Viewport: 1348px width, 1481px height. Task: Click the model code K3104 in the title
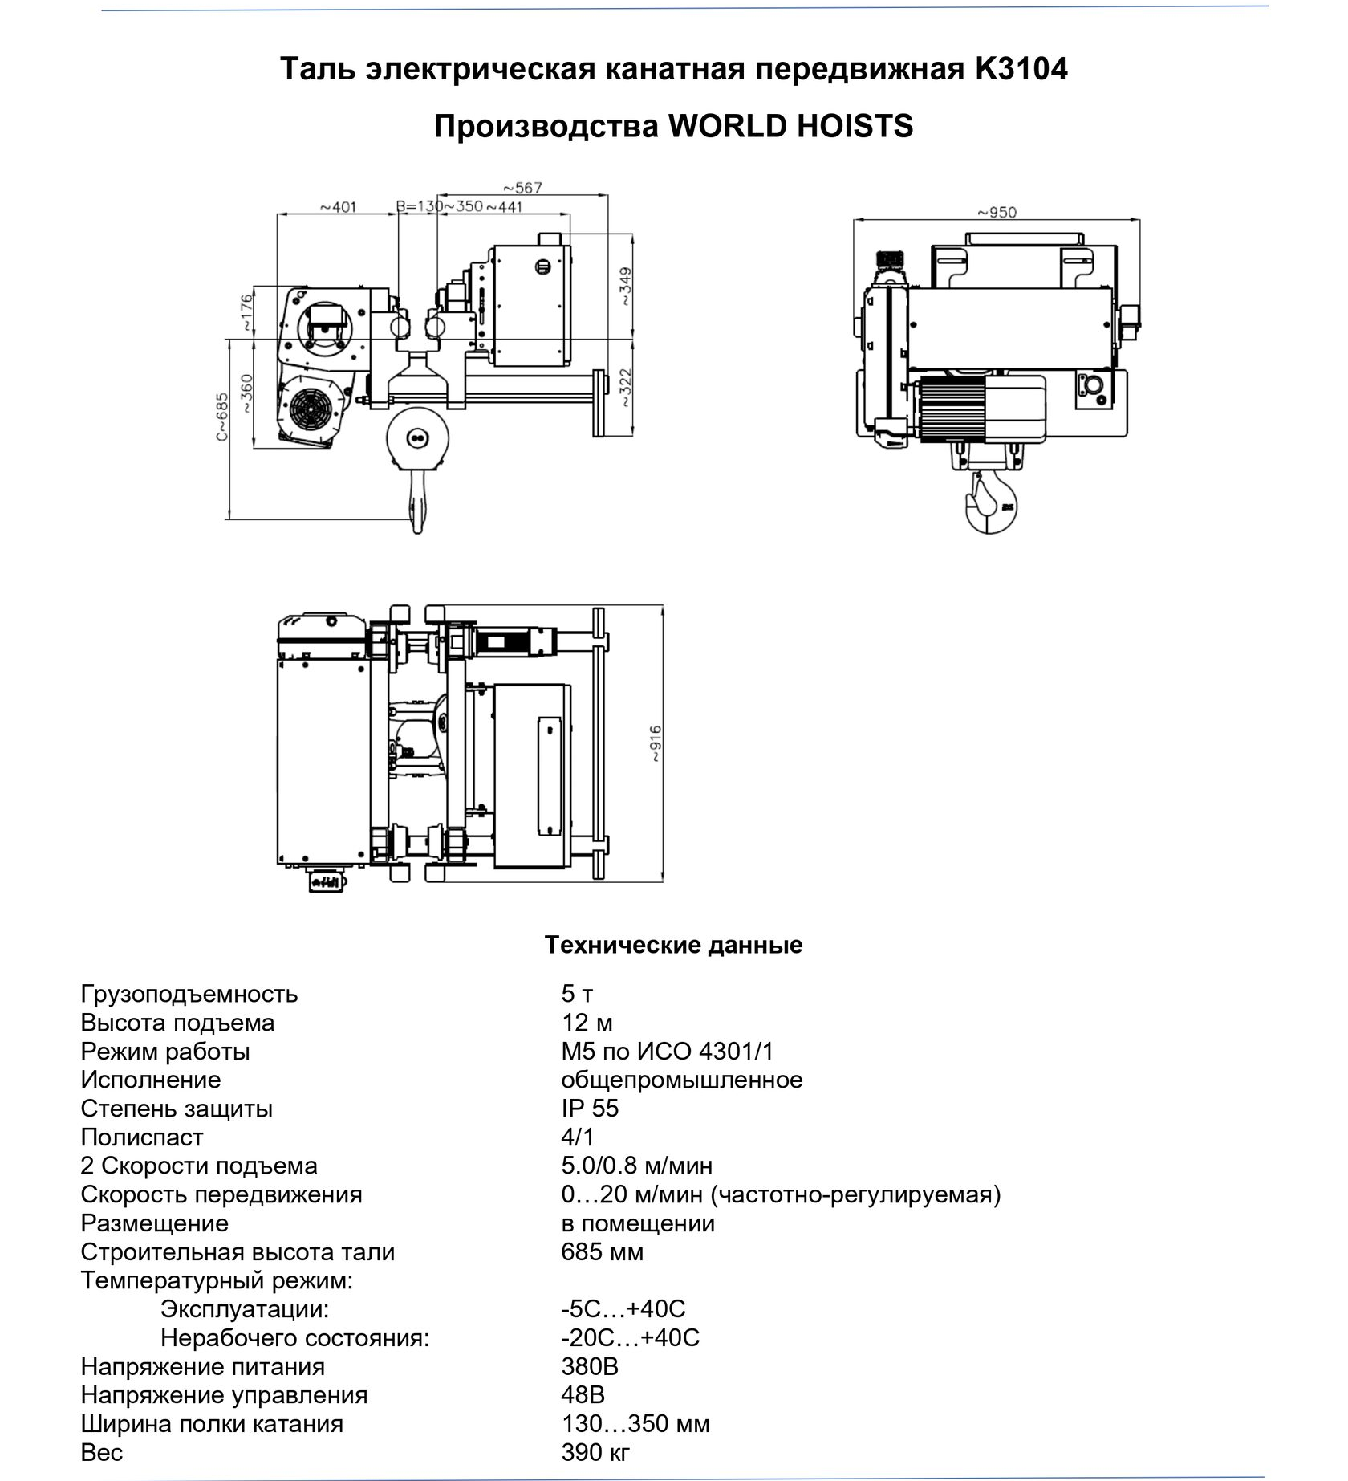coord(1021,70)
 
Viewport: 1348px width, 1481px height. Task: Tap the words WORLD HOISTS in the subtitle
coord(790,127)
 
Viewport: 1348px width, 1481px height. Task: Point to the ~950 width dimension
coord(997,213)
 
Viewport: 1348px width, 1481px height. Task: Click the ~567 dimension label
coord(522,188)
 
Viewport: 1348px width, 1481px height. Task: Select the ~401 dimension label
coord(338,207)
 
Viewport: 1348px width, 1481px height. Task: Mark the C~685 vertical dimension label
coord(222,417)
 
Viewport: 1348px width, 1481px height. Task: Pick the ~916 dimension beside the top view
coord(656,743)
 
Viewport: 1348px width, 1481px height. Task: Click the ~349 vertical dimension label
coord(625,287)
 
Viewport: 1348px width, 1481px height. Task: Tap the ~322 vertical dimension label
coord(625,388)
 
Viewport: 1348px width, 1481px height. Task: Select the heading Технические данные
coord(673,945)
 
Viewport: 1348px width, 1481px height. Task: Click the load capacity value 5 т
coord(577,994)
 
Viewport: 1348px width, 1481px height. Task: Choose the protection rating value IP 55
coord(590,1109)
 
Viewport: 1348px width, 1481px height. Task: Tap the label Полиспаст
coord(142,1137)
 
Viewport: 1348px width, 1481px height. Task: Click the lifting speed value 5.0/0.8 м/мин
coord(636,1166)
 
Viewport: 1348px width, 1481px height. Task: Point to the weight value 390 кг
coord(595,1452)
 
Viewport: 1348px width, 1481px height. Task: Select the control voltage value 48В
coord(583,1395)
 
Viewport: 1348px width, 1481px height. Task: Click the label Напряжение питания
coord(203,1366)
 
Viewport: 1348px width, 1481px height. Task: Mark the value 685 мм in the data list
coord(602,1252)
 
